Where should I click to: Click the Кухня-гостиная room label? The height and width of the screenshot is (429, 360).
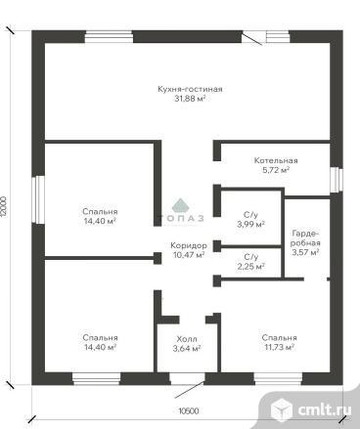click(190, 89)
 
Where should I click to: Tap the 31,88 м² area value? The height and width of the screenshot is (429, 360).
click(190, 99)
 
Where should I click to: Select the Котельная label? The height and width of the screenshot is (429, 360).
click(276, 160)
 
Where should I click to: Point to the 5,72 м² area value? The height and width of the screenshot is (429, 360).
click(276, 170)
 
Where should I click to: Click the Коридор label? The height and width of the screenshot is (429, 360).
click(189, 245)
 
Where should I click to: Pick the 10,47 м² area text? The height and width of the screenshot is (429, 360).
click(189, 255)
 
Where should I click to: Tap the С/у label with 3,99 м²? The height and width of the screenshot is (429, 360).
click(250, 215)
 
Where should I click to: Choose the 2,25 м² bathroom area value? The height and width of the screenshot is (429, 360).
click(250, 267)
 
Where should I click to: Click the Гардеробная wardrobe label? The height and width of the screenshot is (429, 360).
click(306, 238)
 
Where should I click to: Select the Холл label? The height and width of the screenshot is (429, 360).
click(187, 339)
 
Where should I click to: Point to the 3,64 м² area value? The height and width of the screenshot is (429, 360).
click(187, 349)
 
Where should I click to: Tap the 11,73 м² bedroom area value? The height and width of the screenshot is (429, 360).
click(280, 347)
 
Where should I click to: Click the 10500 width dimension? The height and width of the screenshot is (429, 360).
click(189, 411)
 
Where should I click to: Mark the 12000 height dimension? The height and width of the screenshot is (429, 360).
click(4, 209)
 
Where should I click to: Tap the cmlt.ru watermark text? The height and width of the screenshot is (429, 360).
click(325, 409)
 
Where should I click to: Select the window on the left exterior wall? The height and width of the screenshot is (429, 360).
click(40, 199)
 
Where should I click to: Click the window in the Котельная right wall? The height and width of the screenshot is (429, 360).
click(337, 180)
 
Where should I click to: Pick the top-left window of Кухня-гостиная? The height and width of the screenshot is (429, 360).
click(109, 37)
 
